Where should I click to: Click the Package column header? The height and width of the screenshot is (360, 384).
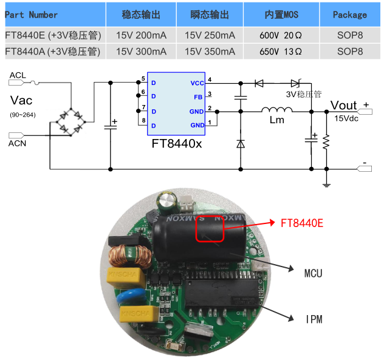350,15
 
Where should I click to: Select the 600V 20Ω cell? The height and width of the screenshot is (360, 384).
281,35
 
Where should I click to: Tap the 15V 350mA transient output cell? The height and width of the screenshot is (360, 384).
210,52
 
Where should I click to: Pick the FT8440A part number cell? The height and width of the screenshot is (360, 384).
52,52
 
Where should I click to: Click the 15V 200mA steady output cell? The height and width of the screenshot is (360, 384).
141,35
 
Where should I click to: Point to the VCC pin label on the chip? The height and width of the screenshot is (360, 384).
197,83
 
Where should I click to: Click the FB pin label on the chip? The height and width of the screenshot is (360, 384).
198,97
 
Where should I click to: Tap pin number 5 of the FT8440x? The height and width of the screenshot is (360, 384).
143,79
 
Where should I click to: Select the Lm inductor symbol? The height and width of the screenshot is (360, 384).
277,111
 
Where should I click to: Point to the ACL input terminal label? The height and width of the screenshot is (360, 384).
18,75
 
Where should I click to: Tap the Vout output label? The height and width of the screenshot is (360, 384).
344,106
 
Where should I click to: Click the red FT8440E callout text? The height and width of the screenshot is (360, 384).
302,223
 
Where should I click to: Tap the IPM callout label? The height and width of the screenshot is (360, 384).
314,319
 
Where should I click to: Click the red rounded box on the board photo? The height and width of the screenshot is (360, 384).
210,229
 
